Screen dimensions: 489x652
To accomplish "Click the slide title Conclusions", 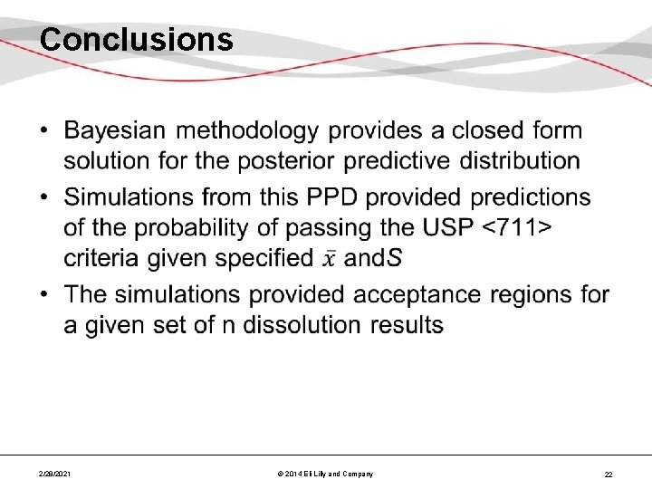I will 137,40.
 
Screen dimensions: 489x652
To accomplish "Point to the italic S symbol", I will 395,258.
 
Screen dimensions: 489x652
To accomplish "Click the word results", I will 407,324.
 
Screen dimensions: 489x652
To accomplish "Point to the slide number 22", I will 609,474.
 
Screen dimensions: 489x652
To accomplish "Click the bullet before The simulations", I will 45,294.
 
